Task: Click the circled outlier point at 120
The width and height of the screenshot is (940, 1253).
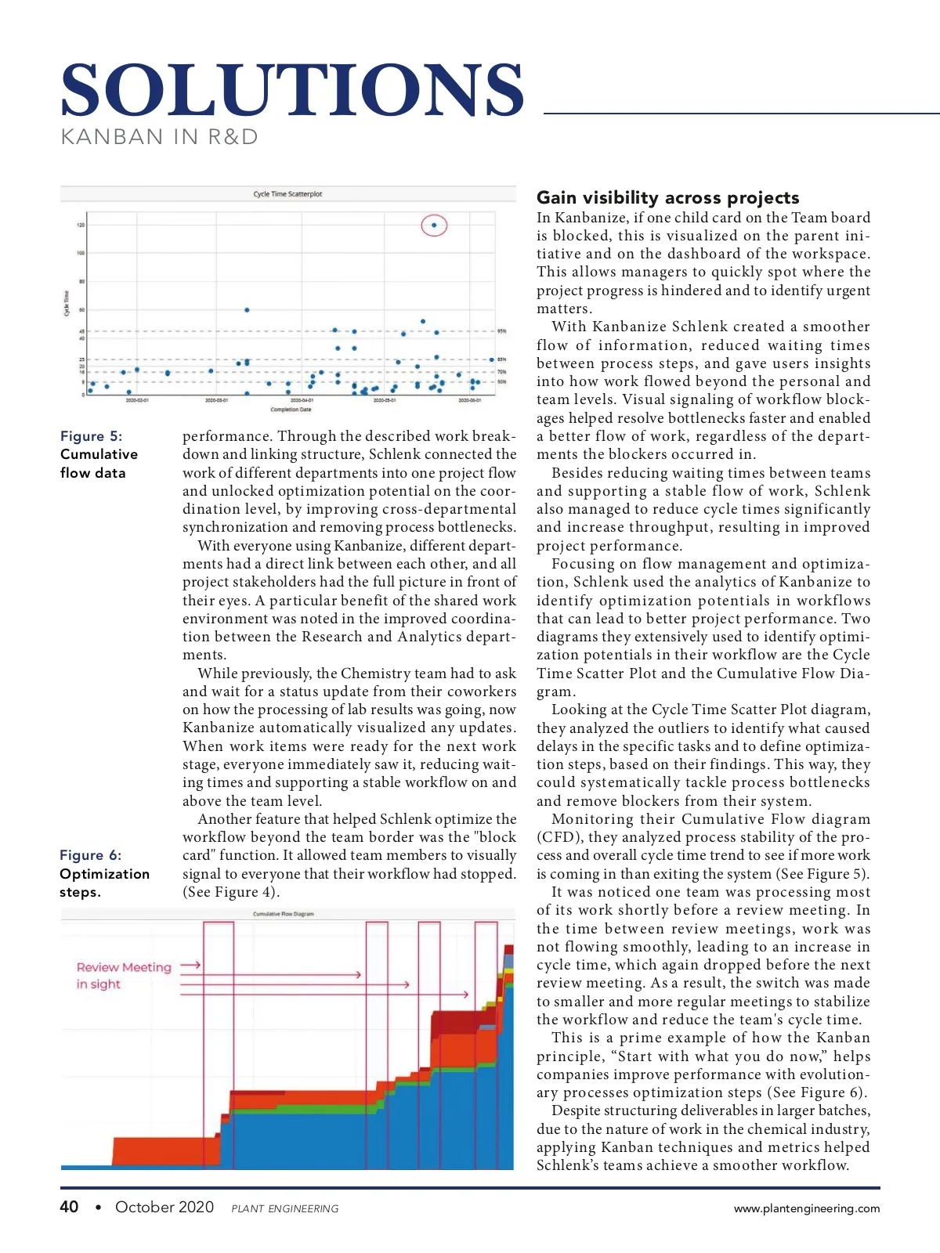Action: pyautogui.click(x=434, y=226)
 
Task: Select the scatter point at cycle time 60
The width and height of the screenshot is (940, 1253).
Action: pyautogui.click(x=247, y=310)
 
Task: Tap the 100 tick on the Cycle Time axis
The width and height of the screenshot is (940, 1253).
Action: pyautogui.click(x=80, y=253)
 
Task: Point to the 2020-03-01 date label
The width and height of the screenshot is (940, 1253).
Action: pyautogui.click(x=216, y=400)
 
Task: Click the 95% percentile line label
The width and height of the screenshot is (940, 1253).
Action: pyautogui.click(x=501, y=331)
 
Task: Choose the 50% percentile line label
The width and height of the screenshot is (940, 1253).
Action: pyautogui.click(x=501, y=382)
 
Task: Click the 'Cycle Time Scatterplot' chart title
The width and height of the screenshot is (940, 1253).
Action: pyautogui.click(x=287, y=193)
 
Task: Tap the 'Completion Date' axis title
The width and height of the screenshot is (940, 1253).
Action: pyautogui.click(x=291, y=410)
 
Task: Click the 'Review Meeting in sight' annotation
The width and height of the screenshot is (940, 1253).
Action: pyautogui.click(x=123, y=976)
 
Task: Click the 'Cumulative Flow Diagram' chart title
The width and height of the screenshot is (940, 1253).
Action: pyautogui.click(x=283, y=914)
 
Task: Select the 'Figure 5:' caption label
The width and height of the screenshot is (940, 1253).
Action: pyautogui.click(x=91, y=436)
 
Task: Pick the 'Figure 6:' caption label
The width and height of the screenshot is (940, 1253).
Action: pyautogui.click(x=90, y=855)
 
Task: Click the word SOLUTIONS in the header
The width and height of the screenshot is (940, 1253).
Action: pyautogui.click(x=292, y=90)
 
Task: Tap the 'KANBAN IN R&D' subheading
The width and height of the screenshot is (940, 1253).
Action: pyautogui.click(x=159, y=137)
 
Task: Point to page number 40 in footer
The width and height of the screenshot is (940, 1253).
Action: pyautogui.click(x=69, y=1207)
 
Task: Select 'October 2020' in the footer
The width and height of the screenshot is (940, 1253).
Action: pyautogui.click(x=164, y=1207)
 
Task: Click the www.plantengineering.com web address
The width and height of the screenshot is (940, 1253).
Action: pyautogui.click(x=806, y=1208)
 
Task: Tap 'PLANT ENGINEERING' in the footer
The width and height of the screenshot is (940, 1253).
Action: pyautogui.click(x=285, y=1209)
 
